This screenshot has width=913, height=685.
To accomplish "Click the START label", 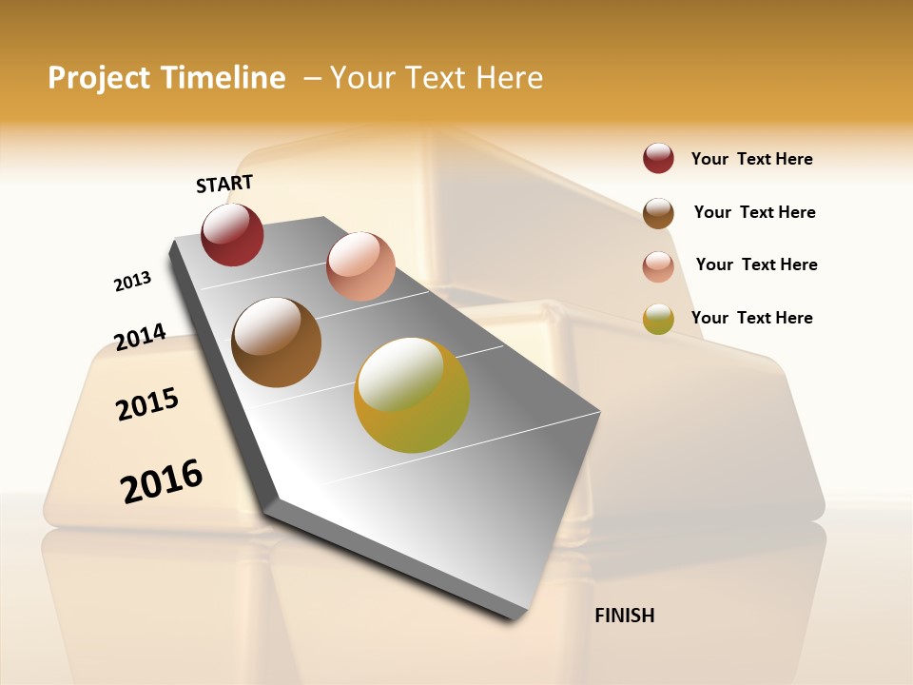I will [x=224, y=184].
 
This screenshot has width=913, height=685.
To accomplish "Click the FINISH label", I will [x=624, y=616].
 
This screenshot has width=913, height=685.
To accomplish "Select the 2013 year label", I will [x=133, y=282].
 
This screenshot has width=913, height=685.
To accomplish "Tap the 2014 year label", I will [x=141, y=337].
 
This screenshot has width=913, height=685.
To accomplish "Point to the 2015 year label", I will [x=147, y=404].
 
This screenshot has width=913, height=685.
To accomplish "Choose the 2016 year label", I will [x=162, y=480].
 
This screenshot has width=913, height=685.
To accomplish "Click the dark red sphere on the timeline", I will [x=232, y=235].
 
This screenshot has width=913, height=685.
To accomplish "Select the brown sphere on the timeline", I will [x=276, y=342].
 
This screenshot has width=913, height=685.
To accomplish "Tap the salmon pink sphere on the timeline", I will [x=360, y=266].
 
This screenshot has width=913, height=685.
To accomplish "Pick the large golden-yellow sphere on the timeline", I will [x=412, y=395].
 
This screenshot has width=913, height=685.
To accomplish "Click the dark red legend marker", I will [x=658, y=159].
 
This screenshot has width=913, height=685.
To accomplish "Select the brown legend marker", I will [x=658, y=213].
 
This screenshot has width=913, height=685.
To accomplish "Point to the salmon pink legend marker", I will [x=658, y=266].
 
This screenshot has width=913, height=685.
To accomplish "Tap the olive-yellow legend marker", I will [x=658, y=319].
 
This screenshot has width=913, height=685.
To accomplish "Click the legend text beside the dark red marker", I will [x=751, y=160].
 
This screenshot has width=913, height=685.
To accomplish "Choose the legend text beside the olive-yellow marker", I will [x=751, y=318].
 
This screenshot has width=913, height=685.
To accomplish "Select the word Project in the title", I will [x=99, y=78].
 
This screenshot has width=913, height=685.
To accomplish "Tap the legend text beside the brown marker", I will [x=754, y=212].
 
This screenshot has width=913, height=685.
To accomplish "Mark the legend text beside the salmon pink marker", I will [x=756, y=264].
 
